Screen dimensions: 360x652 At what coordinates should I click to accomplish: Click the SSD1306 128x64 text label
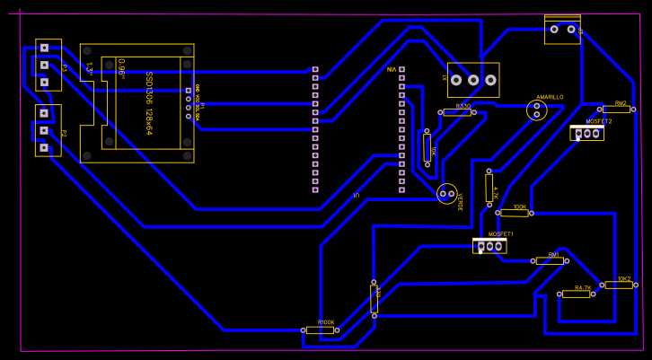(149, 103)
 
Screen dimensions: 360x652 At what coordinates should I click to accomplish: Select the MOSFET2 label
(598, 121)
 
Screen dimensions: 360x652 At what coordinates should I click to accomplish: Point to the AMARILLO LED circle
(537, 110)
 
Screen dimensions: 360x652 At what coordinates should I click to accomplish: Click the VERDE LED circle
(447, 193)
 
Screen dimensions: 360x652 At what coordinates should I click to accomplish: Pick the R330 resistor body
(457, 113)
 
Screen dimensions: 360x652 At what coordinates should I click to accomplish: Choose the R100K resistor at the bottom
(321, 330)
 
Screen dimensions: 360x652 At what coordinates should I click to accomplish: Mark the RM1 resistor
(549, 260)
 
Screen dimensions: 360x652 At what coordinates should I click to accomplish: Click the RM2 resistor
(617, 110)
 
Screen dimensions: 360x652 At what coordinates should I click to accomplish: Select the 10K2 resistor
(618, 285)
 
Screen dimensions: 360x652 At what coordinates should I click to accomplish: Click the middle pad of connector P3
(43, 65)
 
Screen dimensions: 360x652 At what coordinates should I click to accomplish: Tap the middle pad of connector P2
(43, 130)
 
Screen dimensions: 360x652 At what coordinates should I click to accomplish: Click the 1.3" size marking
(89, 67)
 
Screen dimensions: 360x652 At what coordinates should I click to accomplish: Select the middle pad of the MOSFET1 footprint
(489, 246)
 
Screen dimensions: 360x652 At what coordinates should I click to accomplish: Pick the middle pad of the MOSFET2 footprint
(587, 134)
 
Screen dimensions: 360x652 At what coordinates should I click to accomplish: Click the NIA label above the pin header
(391, 69)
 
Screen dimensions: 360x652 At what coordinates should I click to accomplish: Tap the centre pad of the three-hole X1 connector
(473, 80)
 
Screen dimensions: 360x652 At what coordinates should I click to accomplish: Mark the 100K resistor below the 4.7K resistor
(515, 213)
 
